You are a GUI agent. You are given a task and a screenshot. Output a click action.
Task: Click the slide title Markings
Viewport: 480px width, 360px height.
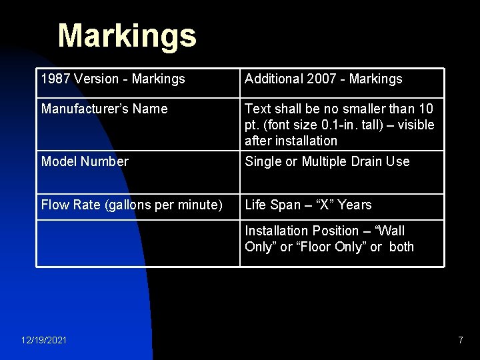coord(127,36)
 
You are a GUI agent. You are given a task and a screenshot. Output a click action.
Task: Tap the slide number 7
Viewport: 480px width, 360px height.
coord(460,341)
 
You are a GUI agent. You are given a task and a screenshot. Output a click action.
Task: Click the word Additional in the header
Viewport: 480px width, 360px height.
coord(273,79)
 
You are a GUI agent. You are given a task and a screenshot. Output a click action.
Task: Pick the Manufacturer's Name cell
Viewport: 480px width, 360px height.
coord(104,109)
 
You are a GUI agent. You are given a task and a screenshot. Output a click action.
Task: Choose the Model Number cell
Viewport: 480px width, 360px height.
coord(85,161)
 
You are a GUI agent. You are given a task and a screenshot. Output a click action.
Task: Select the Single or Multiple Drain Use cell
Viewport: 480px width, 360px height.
coord(327,161)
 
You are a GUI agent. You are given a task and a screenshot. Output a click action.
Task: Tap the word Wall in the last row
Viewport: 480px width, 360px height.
coord(391,231)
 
